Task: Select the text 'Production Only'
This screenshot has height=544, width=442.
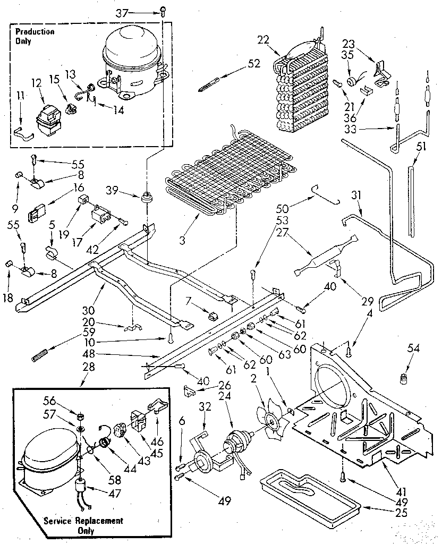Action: pos(35,36)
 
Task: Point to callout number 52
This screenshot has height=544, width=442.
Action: pos(254,63)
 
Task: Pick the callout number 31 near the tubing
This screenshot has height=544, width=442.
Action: pos(355,195)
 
